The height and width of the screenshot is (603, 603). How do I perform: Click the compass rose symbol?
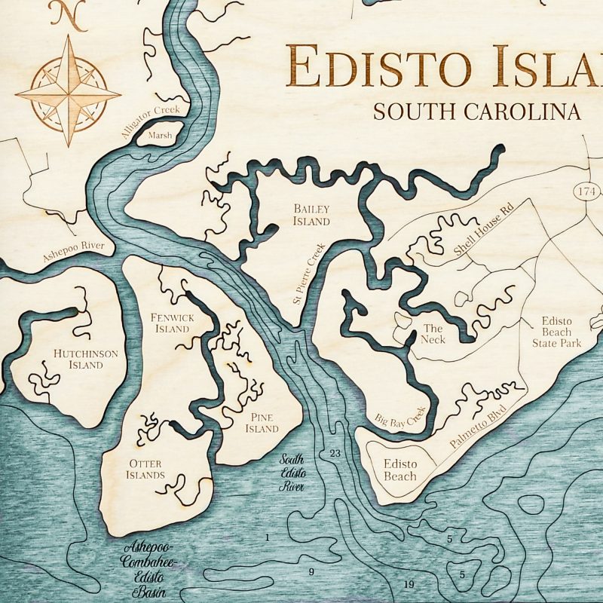(69, 93)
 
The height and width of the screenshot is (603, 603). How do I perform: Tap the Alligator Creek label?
(151, 120)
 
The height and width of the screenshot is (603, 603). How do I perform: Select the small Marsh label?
(160, 136)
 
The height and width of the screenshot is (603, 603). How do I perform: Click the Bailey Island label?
(311, 215)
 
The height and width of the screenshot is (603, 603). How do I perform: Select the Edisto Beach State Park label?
(556, 332)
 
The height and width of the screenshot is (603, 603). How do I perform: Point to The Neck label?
(433, 334)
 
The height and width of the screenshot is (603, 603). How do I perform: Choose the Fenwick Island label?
(172, 323)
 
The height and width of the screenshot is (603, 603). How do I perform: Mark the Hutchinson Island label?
(78, 359)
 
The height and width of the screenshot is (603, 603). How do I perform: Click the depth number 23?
(335, 453)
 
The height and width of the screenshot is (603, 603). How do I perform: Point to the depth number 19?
(409, 584)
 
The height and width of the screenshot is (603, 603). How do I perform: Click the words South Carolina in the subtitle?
(477, 111)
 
